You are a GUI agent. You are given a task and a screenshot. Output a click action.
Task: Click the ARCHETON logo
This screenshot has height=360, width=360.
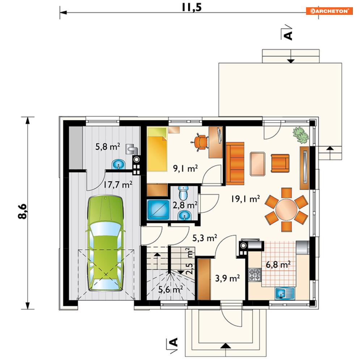point(329,11)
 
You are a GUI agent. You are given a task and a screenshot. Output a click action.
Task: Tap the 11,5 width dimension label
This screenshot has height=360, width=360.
point(192,7)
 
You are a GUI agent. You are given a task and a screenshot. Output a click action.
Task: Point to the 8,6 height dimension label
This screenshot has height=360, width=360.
point(22,211)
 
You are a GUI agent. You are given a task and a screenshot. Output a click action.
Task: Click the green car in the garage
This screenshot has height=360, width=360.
point(105,243)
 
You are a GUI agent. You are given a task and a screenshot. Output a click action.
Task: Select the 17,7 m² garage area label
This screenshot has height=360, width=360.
point(118,185)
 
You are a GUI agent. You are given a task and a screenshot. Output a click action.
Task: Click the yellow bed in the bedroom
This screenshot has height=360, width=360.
point(157,149)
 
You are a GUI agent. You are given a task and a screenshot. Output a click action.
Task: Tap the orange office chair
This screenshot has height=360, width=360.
point(200,142)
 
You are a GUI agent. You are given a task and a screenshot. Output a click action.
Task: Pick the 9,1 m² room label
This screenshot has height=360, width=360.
point(185,169)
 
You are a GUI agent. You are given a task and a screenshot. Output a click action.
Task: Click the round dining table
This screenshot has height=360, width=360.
point(286,209)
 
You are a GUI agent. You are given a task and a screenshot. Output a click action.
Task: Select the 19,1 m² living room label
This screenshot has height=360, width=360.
point(245,199)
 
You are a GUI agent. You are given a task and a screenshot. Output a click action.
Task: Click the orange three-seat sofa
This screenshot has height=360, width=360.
point(235,164)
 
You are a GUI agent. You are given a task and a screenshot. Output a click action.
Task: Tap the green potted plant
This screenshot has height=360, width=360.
point(301,135)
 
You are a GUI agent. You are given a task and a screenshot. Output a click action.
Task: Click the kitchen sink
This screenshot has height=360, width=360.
point(285,293)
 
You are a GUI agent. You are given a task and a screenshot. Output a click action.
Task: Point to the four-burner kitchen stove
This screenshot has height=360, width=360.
point(255,275)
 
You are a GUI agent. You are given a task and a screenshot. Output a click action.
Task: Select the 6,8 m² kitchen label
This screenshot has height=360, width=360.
point(278,265)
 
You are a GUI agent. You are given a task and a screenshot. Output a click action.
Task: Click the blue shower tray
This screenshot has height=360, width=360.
point(158,210)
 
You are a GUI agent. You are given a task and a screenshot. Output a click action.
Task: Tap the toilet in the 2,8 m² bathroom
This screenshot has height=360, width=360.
point(183,193)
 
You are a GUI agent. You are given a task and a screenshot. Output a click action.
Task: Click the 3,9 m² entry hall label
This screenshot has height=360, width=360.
point(227,278)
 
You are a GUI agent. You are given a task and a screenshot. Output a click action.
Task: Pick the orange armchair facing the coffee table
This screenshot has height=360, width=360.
point(280,164)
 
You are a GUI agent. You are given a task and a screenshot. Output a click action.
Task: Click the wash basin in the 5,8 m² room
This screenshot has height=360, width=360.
point(118,164)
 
